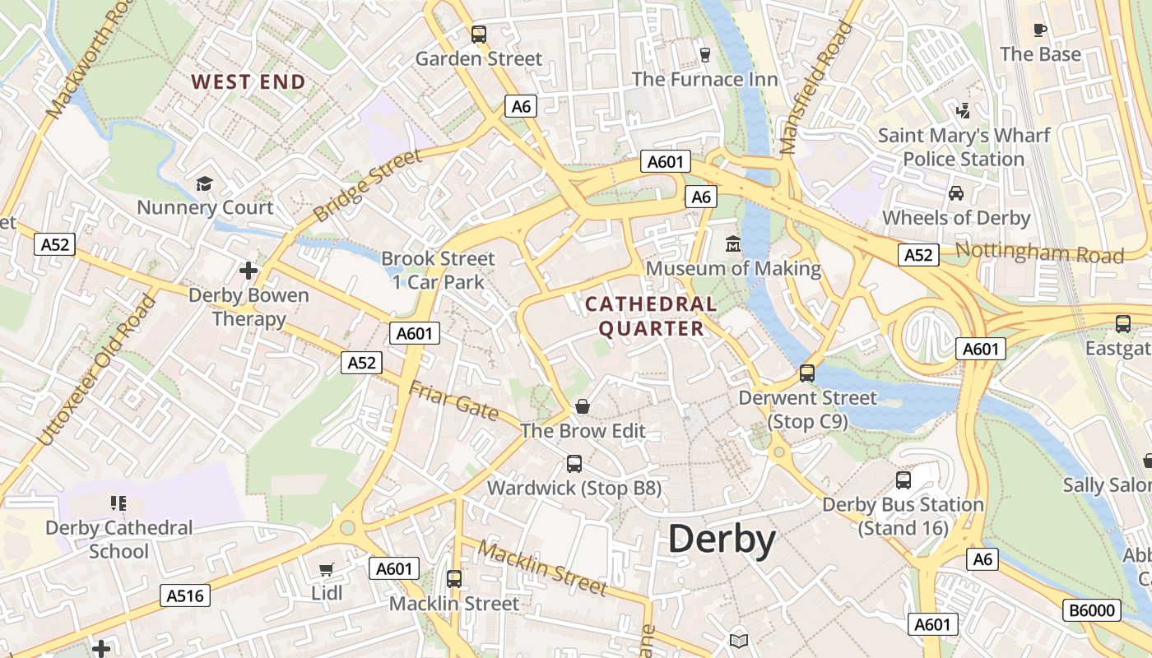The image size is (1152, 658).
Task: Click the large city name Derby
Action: tap(722, 540)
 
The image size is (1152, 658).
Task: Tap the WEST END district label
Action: tap(249, 82)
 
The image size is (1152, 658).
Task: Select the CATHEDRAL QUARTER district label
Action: tap(651, 317)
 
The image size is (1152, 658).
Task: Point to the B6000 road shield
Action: tap(1092, 610)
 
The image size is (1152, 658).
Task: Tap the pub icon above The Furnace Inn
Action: tap(704, 55)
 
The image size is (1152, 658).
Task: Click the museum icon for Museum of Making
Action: tap(732, 244)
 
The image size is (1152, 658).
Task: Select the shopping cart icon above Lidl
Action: tap(327, 569)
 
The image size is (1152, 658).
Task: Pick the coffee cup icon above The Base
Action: tap(1040, 30)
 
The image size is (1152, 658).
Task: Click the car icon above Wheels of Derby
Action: tap(956, 193)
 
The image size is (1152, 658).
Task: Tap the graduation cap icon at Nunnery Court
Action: tap(204, 183)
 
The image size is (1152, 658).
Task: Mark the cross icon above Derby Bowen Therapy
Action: tap(249, 270)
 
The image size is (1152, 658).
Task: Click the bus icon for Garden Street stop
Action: tap(478, 35)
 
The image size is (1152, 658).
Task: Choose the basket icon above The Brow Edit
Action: tap(583, 406)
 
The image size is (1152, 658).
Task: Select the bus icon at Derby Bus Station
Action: tap(903, 480)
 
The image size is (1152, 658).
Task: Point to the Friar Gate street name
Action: tap(453, 401)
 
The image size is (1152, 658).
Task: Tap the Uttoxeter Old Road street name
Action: tap(97, 370)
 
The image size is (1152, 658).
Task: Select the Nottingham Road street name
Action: tap(1040, 253)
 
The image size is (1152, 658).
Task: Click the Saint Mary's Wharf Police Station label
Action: tap(964, 147)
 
